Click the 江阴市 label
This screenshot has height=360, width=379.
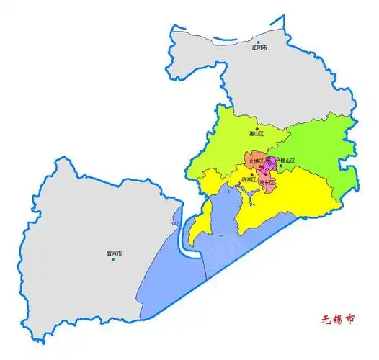[x=259, y=48]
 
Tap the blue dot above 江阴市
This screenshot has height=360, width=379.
[x=259, y=41]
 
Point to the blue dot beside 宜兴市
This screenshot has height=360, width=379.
[x=112, y=260]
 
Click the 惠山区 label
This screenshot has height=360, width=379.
[x=257, y=133]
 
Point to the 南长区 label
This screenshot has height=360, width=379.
[x=266, y=183]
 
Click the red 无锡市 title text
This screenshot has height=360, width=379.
[x=337, y=317]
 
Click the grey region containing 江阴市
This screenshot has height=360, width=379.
[x=238, y=72]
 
